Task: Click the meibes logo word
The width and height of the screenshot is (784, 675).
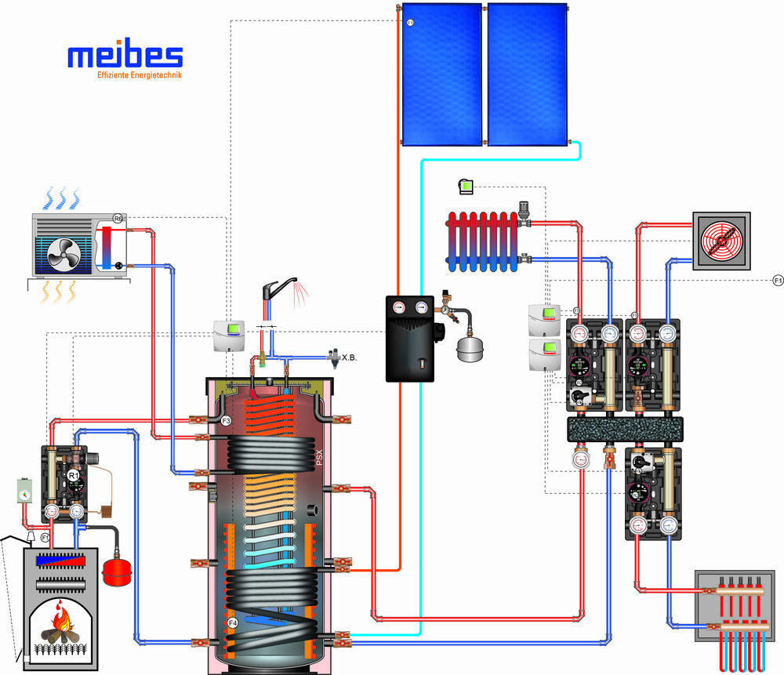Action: (x=125, y=56)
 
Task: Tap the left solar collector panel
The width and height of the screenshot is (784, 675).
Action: (x=441, y=73)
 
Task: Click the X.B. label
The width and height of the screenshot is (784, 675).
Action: (x=350, y=357)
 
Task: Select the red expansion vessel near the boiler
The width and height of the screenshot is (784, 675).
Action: (x=117, y=570)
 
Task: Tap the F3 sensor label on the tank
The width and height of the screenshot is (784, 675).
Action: (x=226, y=421)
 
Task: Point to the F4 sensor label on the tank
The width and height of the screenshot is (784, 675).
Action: (x=233, y=622)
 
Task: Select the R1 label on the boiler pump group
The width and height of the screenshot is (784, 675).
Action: (x=73, y=475)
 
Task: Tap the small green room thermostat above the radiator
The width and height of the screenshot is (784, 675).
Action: (x=466, y=186)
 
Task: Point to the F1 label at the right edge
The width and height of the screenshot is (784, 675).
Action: (x=777, y=280)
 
